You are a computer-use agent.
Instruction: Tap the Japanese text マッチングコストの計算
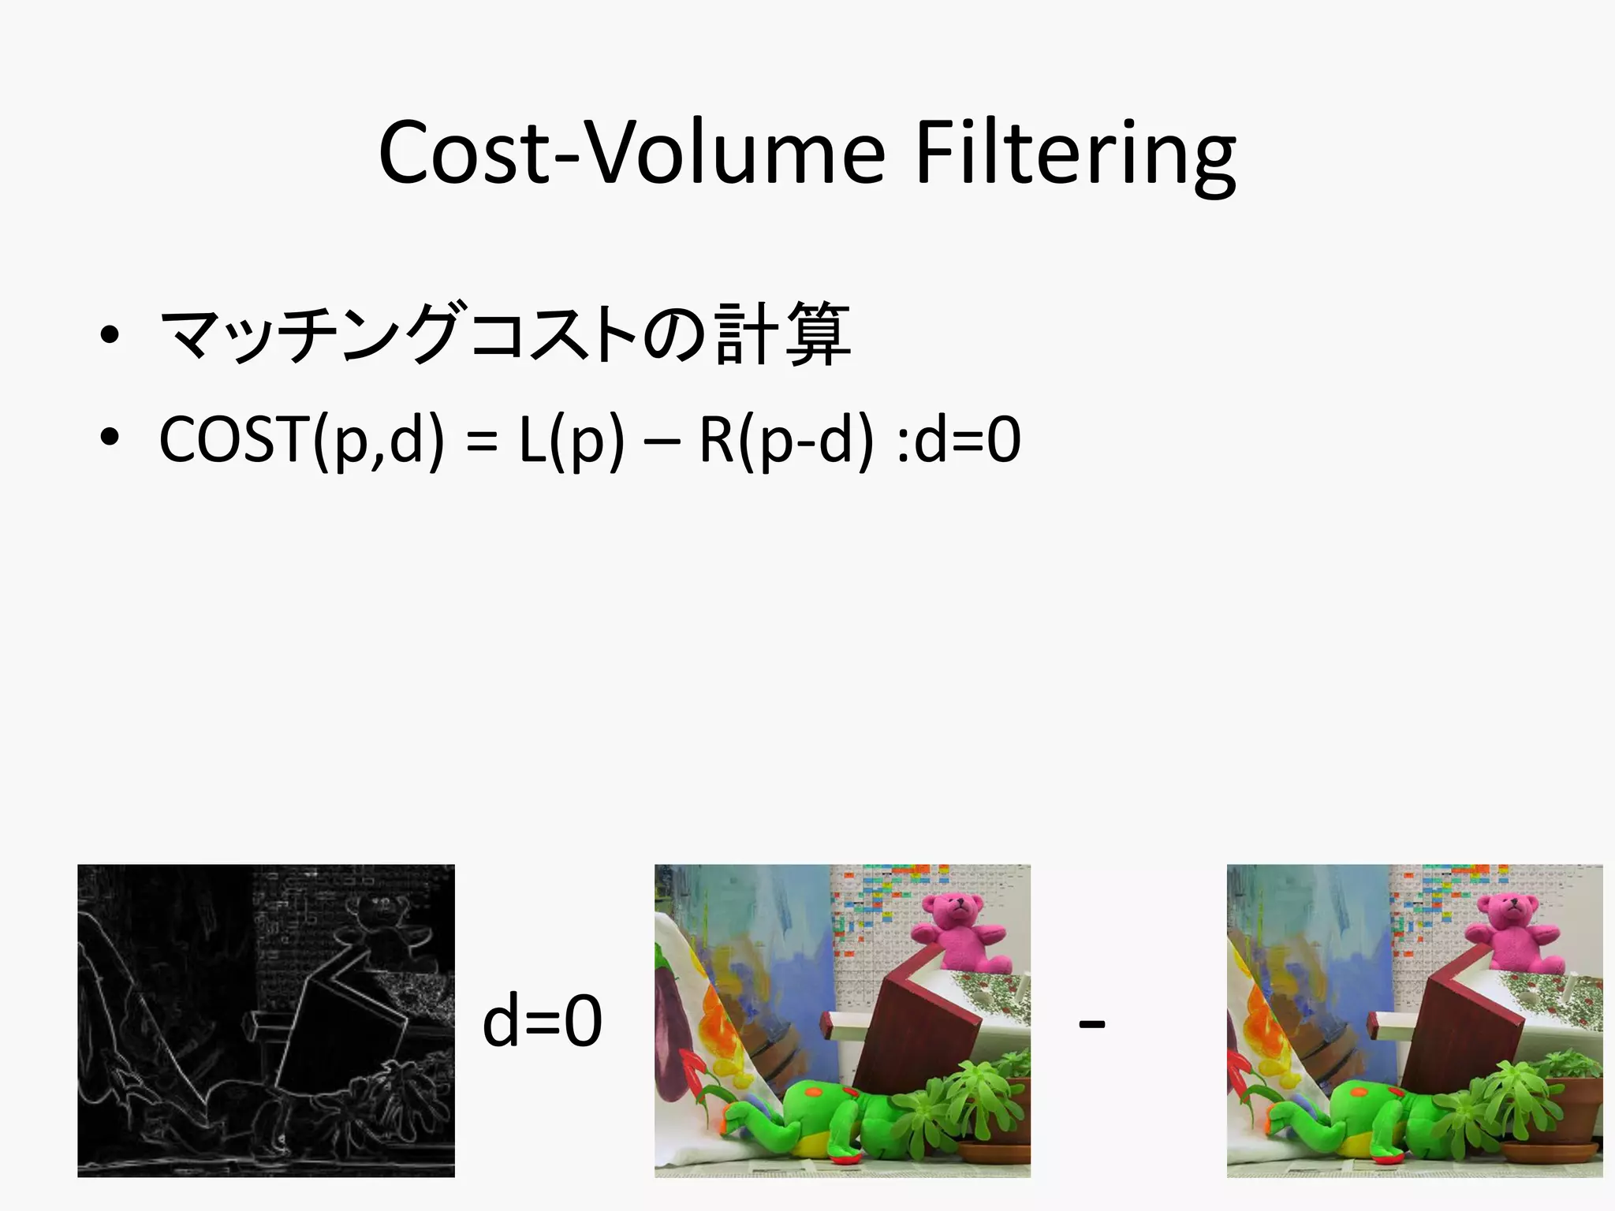pyautogui.click(x=505, y=334)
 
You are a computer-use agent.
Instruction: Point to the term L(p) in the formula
pyautogui.click(x=571, y=439)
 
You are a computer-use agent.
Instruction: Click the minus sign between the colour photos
pyautogui.click(x=1091, y=1024)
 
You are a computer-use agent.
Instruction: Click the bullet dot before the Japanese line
pyautogui.click(x=110, y=335)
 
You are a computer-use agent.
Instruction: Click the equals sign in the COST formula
pyautogui.click(x=481, y=441)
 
